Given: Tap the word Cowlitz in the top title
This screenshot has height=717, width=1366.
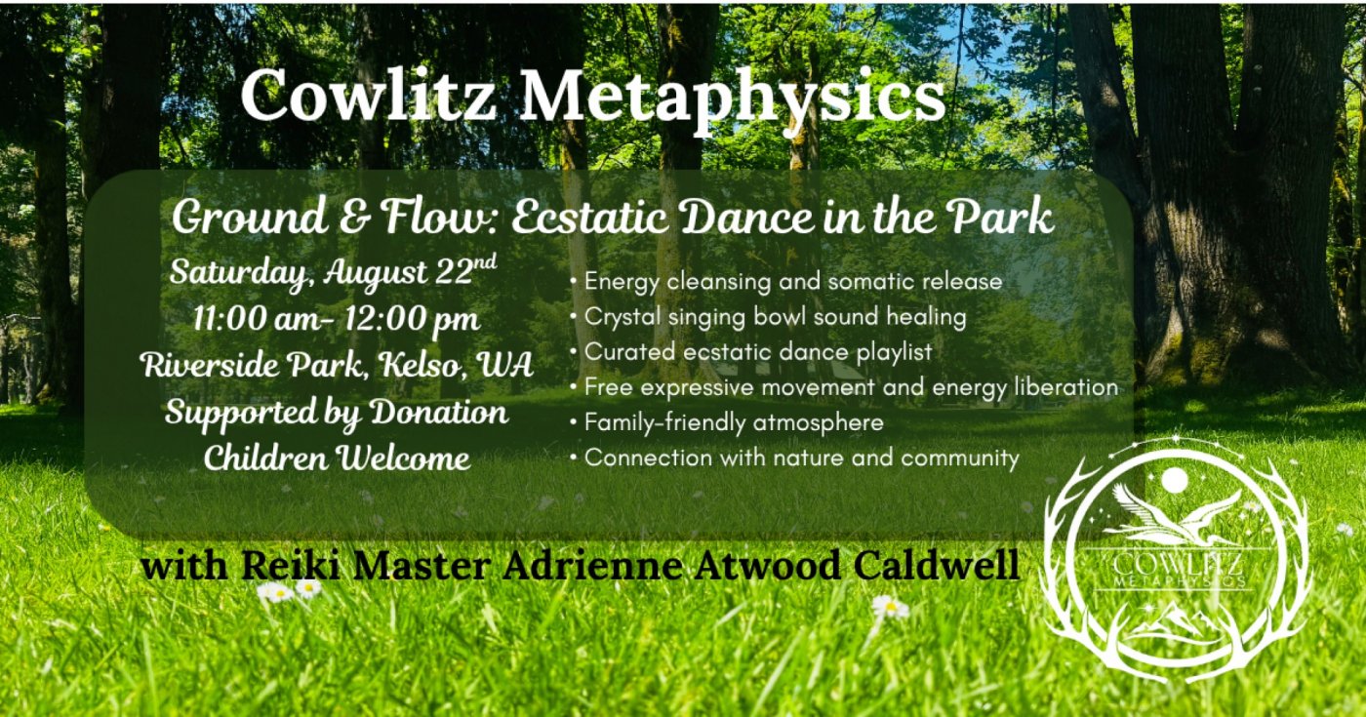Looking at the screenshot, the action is point(369,94).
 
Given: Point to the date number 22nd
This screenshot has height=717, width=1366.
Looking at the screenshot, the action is point(466,271).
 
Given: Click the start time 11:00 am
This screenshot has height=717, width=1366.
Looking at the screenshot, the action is point(261,318).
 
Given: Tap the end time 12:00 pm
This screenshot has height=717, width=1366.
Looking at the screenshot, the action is point(412,320).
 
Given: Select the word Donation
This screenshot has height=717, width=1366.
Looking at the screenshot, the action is point(438,412).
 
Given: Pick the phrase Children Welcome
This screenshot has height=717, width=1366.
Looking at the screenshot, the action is point(337,458).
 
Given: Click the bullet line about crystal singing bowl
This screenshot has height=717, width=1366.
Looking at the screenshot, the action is point(769,317).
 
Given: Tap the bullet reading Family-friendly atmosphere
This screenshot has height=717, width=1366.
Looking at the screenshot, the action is point(726,422).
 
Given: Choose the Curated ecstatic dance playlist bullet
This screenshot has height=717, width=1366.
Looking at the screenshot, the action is point(751,352).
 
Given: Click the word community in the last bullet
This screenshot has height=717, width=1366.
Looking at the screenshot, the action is point(960,458).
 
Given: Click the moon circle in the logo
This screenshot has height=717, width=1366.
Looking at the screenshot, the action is point(1175,480).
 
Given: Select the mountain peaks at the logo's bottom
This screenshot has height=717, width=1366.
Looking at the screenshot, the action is point(1174,623).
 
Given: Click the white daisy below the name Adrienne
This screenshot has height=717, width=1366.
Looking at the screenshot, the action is point(890,607).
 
